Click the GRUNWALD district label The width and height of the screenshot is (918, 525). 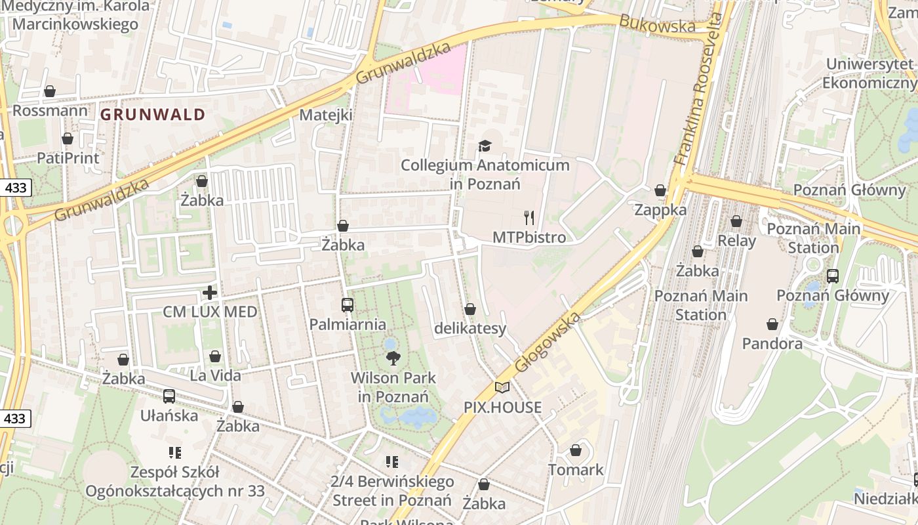point(153,115)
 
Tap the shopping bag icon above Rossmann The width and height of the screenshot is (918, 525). point(49,91)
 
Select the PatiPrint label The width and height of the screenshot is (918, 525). point(68,158)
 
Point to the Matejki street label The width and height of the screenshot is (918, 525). point(326,115)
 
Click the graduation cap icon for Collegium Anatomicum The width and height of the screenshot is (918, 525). point(485,146)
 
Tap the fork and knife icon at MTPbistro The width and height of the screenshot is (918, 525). point(529,218)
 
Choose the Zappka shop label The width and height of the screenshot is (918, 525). point(660,210)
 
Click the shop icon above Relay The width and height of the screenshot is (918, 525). point(736,222)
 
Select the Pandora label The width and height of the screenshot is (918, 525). point(772,343)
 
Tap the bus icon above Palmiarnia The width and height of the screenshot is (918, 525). point(348,305)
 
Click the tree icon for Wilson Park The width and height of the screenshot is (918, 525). point(393,358)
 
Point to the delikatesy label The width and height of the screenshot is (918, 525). point(470,328)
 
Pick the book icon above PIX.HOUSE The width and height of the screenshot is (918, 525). point(502,388)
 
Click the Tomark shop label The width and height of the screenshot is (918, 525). point(576,470)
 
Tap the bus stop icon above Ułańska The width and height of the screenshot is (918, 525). point(169,396)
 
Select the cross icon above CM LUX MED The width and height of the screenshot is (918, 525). point(210,293)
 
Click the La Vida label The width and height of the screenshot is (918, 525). point(215,376)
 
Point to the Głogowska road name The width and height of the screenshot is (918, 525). point(548,343)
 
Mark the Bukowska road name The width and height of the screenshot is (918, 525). point(657,24)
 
